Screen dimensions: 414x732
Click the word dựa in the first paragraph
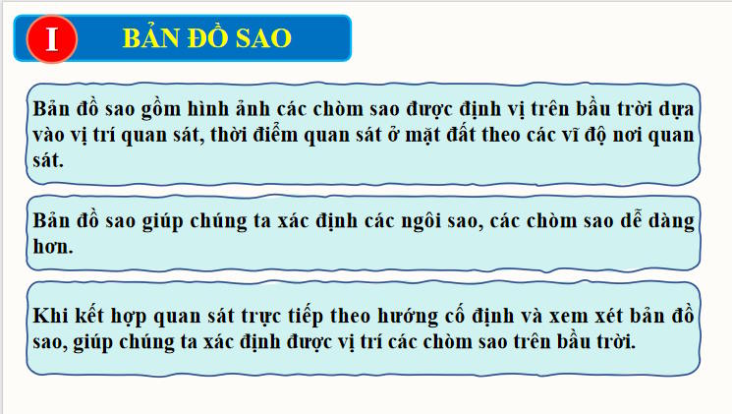pos(676,109)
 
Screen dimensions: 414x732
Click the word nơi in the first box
pos(640,134)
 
